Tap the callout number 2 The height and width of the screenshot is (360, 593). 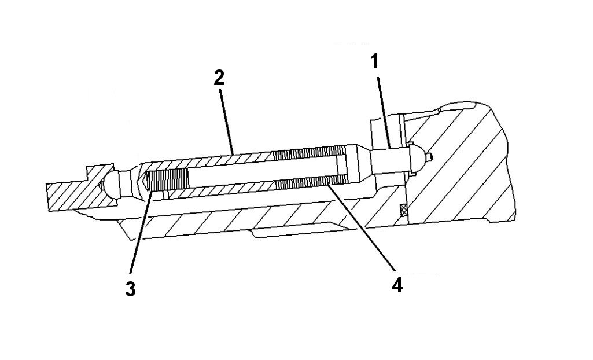pyautogui.click(x=219, y=78)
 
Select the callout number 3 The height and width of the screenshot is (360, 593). pyautogui.click(x=131, y=288)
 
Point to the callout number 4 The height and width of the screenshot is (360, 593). pyautogui.click(x=396, y=284)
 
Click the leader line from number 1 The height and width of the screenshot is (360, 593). pyautogui.click(x=384, y=110)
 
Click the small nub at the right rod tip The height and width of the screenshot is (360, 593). pyautogui.click(x=429, y=156)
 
